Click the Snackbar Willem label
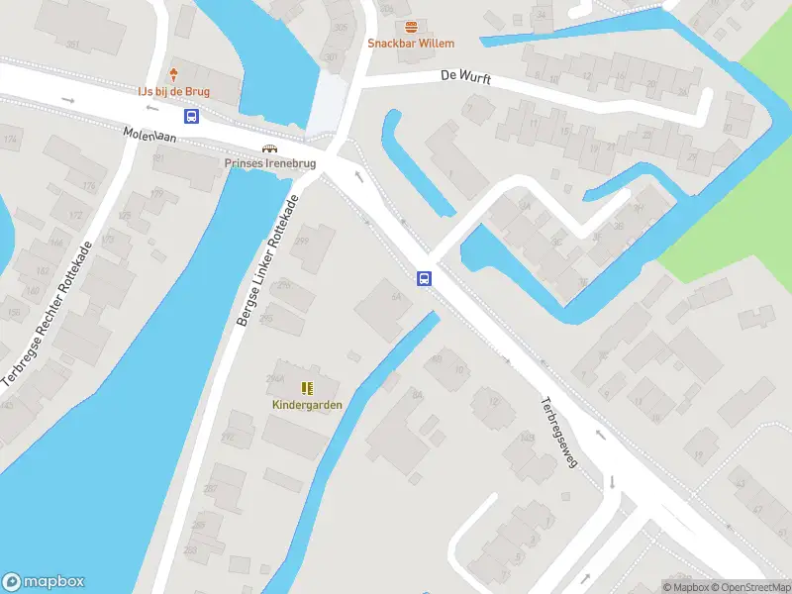click(x=411, y=43)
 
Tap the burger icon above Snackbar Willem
click(x=411, y=27)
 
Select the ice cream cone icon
click(x=174, y=75)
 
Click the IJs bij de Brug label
click(x=174, y=91)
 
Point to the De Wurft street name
click(x=465, y=77)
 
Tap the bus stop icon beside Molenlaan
click(x=192, y=116)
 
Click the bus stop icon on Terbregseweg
click(x=424, y=278)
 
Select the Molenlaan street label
click(x=149, y=137)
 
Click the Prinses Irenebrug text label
click(x=269, y=164)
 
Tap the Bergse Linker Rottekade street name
click(x=266, y=260)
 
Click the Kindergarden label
click(x=307, y=404)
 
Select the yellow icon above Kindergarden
click(x=307, y=388)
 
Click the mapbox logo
click(x=44, y=581)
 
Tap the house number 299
click(x=301, y=241)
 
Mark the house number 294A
click(x=276, y=378)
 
